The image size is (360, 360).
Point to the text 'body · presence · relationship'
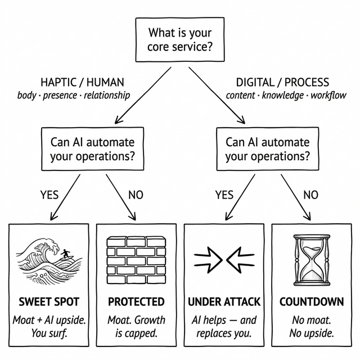[x=74, y=95]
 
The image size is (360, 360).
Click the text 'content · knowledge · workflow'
[x=286, y=95]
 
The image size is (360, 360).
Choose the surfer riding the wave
[x=67, y=255]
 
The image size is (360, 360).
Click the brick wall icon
[x=136, y=259]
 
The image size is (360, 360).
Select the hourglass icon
[x=311, y=260]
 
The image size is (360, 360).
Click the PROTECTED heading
[x=136, y=302]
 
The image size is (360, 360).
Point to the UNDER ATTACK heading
[x=224, y=302]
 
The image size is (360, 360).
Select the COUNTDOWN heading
[x=312, y=302]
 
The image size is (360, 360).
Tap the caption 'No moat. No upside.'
[x=312, y=327]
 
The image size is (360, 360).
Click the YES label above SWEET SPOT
[x=49, y=195]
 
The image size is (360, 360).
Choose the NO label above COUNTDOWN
[x=310, y=195]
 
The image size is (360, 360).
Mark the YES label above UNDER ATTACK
[x=224, y=195]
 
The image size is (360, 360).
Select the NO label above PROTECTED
[x=136, y=195]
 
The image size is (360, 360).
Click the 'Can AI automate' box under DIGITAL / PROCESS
[x=267, y=149]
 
